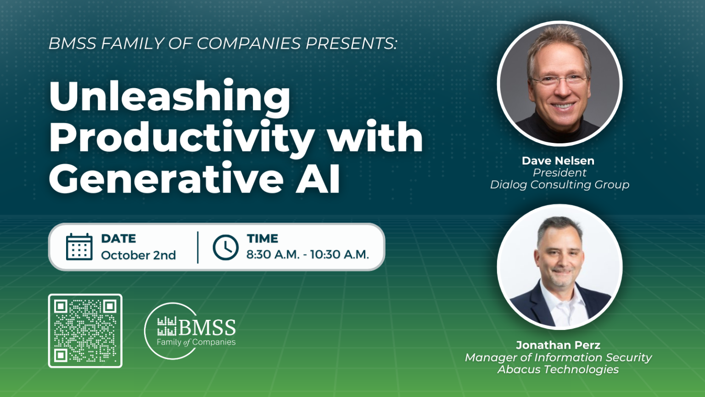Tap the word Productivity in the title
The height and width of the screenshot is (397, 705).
pyautogui.click(x=182, y=138)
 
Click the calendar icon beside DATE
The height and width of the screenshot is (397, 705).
pyautogui.click(x=79, y=247)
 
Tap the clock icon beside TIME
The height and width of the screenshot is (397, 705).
pyautogui.click(x=225, y=247)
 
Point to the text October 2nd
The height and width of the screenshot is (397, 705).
pyautogui.click(x=138, y=255)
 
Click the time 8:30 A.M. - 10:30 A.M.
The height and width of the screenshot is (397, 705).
pyautogui.click(x=308, y=255)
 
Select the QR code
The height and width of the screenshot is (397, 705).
pyautogui.click(x=85, y=331)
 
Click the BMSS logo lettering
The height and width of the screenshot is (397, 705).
pyautogui.click(x=207, y=328)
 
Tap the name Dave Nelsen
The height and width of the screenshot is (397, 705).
pyautogui.click(x=558, y=161)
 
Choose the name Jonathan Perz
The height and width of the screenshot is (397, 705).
pyautogui.click(x=558, y=345)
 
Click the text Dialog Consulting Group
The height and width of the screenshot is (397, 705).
pyautogui.click(x=560, y=185)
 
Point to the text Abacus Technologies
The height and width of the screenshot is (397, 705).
pyautogui.click(x=558, y=369)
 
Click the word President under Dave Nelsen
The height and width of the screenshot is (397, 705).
pyautogui.click(x=560, y=173)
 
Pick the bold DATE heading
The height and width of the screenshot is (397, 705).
pyautogui.click(x=118, y=238)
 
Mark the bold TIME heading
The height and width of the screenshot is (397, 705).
pyautogui.click(x=263, y=238)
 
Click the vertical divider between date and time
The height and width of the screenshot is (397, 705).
pyautogui.click(x=198, y=247)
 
